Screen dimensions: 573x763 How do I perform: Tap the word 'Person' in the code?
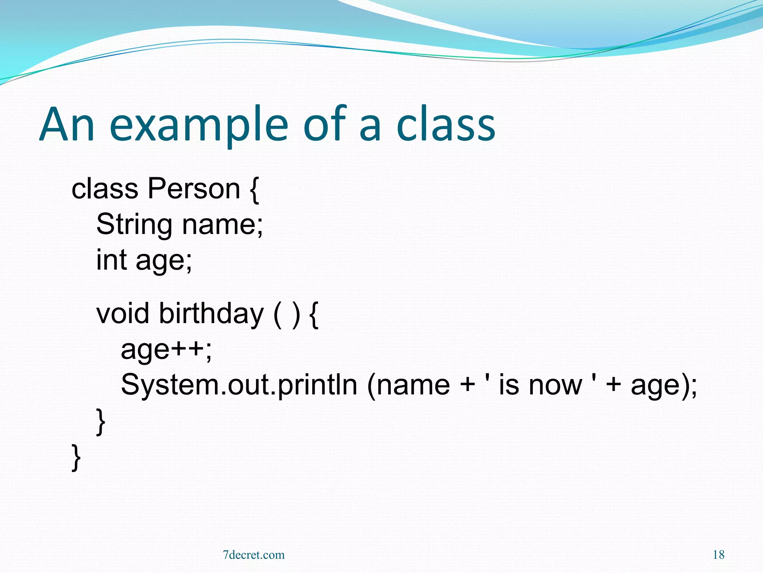point(194,189)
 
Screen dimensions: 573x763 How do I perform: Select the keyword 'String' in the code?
point(134,225)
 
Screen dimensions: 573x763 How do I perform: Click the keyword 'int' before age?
point(111,260)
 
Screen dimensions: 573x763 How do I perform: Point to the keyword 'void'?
point(123,313)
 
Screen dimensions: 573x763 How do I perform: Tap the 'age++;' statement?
point(166,350)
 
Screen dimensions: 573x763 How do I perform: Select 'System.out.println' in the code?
point(239,385)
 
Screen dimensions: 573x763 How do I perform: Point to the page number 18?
point(718,555)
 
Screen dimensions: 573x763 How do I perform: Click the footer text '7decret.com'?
point(254,555)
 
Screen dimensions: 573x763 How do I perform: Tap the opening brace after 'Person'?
point(254,190)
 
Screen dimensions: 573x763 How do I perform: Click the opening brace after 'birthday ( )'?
point(314,314)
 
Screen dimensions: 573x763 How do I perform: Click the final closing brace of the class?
point(76,457)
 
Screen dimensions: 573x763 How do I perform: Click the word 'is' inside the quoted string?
point(508,385)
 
